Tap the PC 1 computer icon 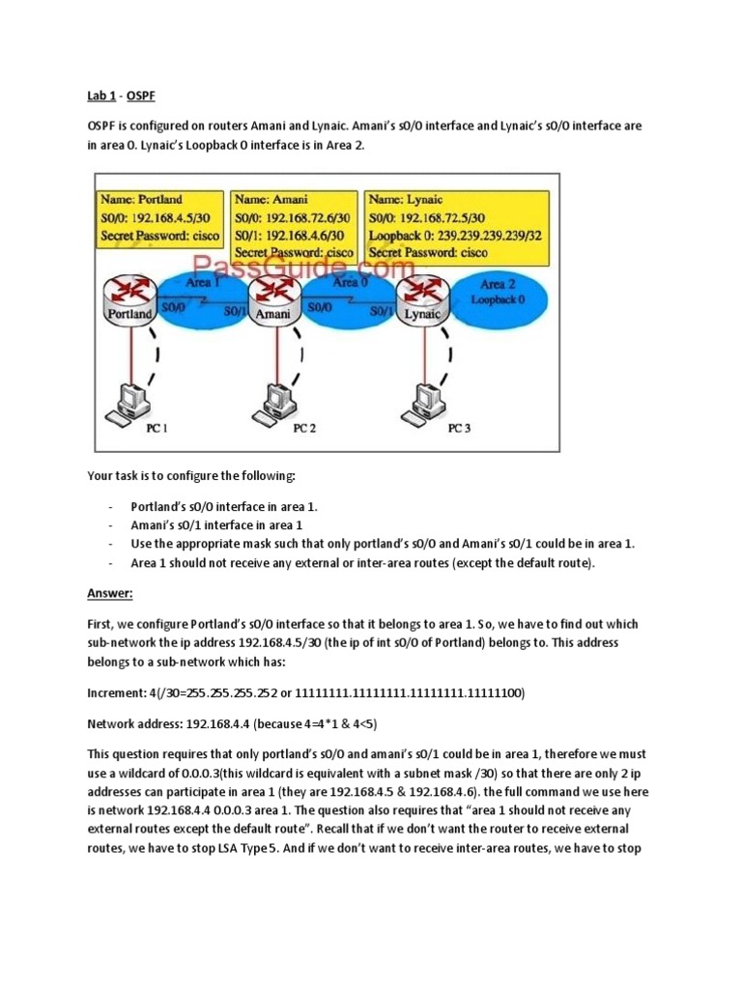[128, 404]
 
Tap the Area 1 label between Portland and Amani [203, 283]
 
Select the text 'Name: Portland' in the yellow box [141, 199]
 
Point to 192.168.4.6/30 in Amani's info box [301, 235]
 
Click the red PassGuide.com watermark [304, 266]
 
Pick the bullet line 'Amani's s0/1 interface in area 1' [216, 525]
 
